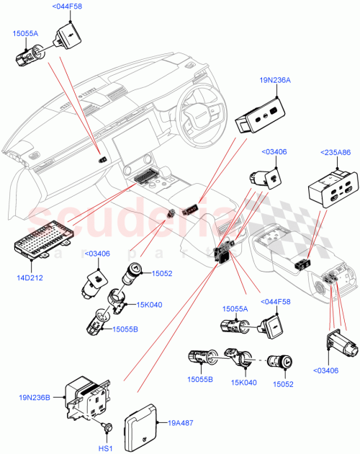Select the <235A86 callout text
pyautogui.click(x=332, y=153)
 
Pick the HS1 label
pyautogui.click(x=106, y=449)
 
